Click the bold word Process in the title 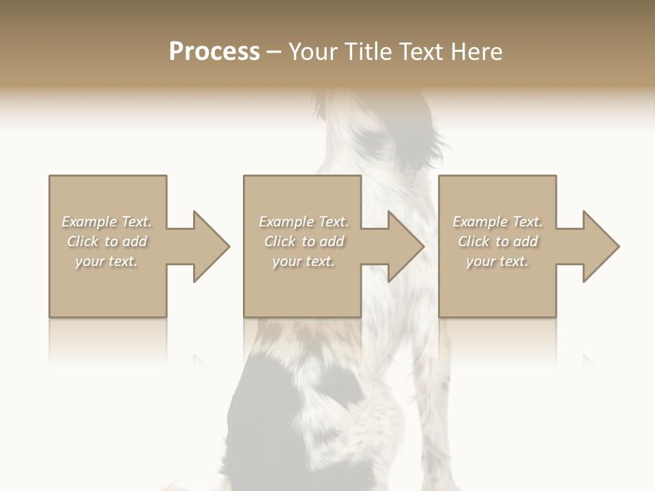tap(214, 52)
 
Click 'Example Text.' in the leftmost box tap(106, 222)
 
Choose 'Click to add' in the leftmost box tap(106, 241)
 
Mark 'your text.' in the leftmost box tap(106, 261)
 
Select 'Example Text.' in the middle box tap(304, 222)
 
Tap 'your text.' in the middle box tap(304, 261)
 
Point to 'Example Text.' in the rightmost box tap(497, 222)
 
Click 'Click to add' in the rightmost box tap(497, 241)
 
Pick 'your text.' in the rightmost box tap(497, 261)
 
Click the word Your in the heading tap(315, 52)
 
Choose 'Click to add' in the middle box tap(304, 241)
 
